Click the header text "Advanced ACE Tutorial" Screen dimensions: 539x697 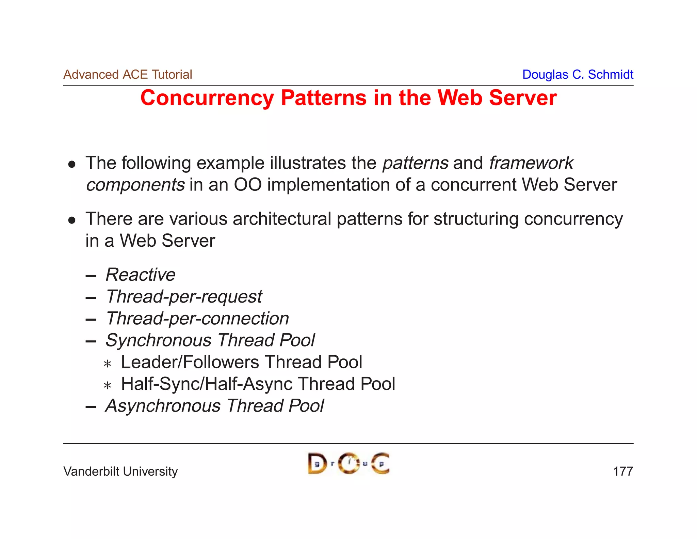pyautogui.click(x=128, y=74)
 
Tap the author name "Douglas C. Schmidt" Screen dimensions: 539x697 pyautogui.click(x=578, y=74)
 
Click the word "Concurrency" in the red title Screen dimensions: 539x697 pyautogui.click(x=207, y=98)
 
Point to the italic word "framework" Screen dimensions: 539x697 pyautogui.click(x=531, y=163)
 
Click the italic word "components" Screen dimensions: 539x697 pyautogui.click(x=135, y=185)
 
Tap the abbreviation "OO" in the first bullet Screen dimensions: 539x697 pyautogui.click(x=247, y=185)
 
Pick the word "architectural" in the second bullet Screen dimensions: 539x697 pyautogui.click(x=282, y=219)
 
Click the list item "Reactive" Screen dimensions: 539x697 pyautogui.click(x=141, y=275)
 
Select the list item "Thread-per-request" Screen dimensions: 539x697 pyautogui.click(x=184, y=296)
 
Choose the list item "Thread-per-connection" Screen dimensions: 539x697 pyautogui.click(x=197, y=319)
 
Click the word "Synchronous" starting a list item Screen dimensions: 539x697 pyautogui.click(x=159, y=340)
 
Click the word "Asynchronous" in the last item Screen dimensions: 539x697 pyautogui.click(x=163, y=406)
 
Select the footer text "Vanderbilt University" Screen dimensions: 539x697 pyautogui.click(x=120, y=472)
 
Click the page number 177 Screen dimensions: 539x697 pyautogui.click(x=622, y=472)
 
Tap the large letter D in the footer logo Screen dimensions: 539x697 pyautogui.click(x=317, y=464)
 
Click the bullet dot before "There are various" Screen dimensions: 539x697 pyautogui.click(x=71, y=220)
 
